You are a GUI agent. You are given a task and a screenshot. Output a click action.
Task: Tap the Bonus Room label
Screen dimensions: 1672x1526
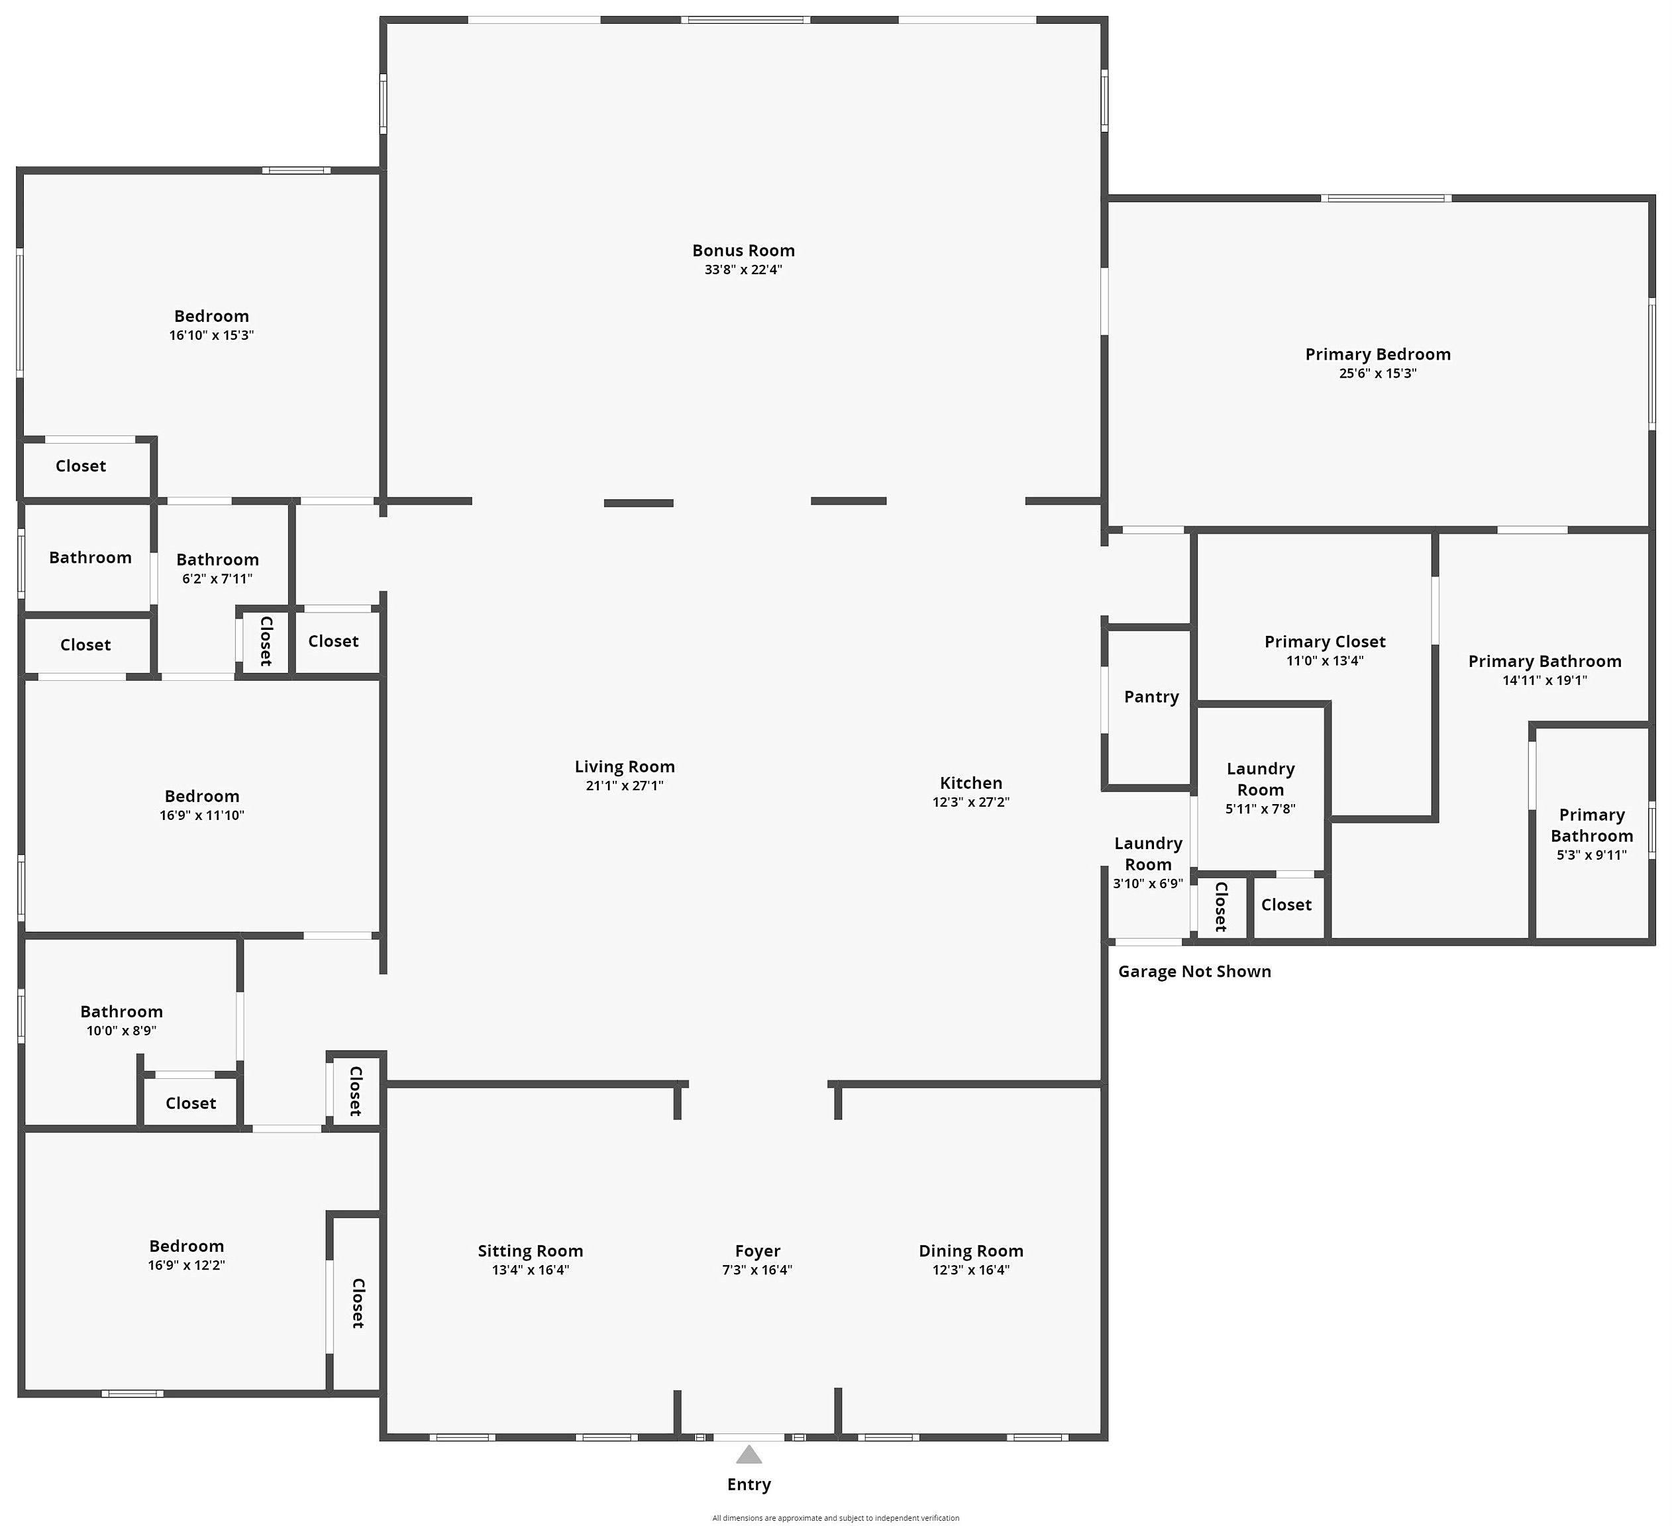743,250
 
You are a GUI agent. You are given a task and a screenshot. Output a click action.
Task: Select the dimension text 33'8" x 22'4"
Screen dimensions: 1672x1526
743,270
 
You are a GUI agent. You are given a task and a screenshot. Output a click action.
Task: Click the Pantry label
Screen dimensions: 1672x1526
1151,697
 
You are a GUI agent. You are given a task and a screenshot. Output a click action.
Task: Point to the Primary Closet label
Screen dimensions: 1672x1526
1324,642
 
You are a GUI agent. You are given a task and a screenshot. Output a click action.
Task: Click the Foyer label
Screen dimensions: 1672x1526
757,1250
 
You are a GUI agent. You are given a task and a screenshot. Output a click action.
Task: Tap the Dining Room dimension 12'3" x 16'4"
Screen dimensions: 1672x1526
970,1270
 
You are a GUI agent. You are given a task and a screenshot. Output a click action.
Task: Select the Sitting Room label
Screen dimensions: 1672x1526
530,1250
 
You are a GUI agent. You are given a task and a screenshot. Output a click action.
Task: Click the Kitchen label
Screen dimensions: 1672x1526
970,783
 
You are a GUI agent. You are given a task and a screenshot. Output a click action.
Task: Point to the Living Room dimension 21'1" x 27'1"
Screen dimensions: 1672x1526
625,786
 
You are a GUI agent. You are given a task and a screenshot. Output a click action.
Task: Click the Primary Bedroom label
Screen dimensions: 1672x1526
1378,354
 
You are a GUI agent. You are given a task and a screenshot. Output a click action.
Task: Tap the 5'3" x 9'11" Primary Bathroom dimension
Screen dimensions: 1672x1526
1592,855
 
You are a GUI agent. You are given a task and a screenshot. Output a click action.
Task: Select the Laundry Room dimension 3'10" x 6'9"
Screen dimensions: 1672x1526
1148,884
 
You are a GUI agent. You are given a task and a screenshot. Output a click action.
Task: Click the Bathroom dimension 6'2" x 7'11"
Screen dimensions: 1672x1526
217,579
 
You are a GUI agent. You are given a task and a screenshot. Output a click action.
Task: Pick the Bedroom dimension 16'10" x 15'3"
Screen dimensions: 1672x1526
211,335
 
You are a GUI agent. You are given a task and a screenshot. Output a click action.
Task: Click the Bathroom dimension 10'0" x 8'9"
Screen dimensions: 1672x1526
121,1031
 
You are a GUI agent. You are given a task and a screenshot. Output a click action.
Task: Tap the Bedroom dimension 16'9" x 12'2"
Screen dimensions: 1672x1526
187,1266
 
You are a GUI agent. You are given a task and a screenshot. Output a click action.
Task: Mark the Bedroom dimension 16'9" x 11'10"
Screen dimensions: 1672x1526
201,815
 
